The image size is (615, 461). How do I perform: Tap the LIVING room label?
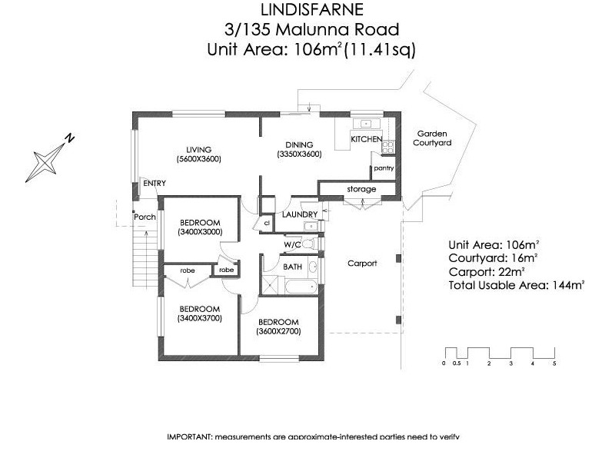coord(198,149)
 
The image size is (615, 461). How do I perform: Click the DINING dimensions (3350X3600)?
coord(300,154)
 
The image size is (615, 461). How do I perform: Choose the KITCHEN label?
coord(367,140)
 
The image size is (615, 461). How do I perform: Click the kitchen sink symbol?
coord(366,123)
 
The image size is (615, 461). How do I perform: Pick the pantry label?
coord(384,167)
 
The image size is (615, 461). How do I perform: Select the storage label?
coord(361,189)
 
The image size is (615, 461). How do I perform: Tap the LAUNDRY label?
coord(301,214)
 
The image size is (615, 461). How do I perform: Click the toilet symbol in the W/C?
coord(308,244)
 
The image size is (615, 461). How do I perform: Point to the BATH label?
coord(292,267)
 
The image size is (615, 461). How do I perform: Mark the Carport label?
coord(362,264)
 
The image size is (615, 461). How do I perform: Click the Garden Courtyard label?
coord(432,138)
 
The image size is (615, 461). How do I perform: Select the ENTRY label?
coord(155,183)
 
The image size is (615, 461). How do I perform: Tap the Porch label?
coord(145,217)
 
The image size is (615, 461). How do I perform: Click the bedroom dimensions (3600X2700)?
coord(279,332)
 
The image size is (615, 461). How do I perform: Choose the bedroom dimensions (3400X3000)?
coord(199,231)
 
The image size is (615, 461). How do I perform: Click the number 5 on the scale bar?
coord(554,363)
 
